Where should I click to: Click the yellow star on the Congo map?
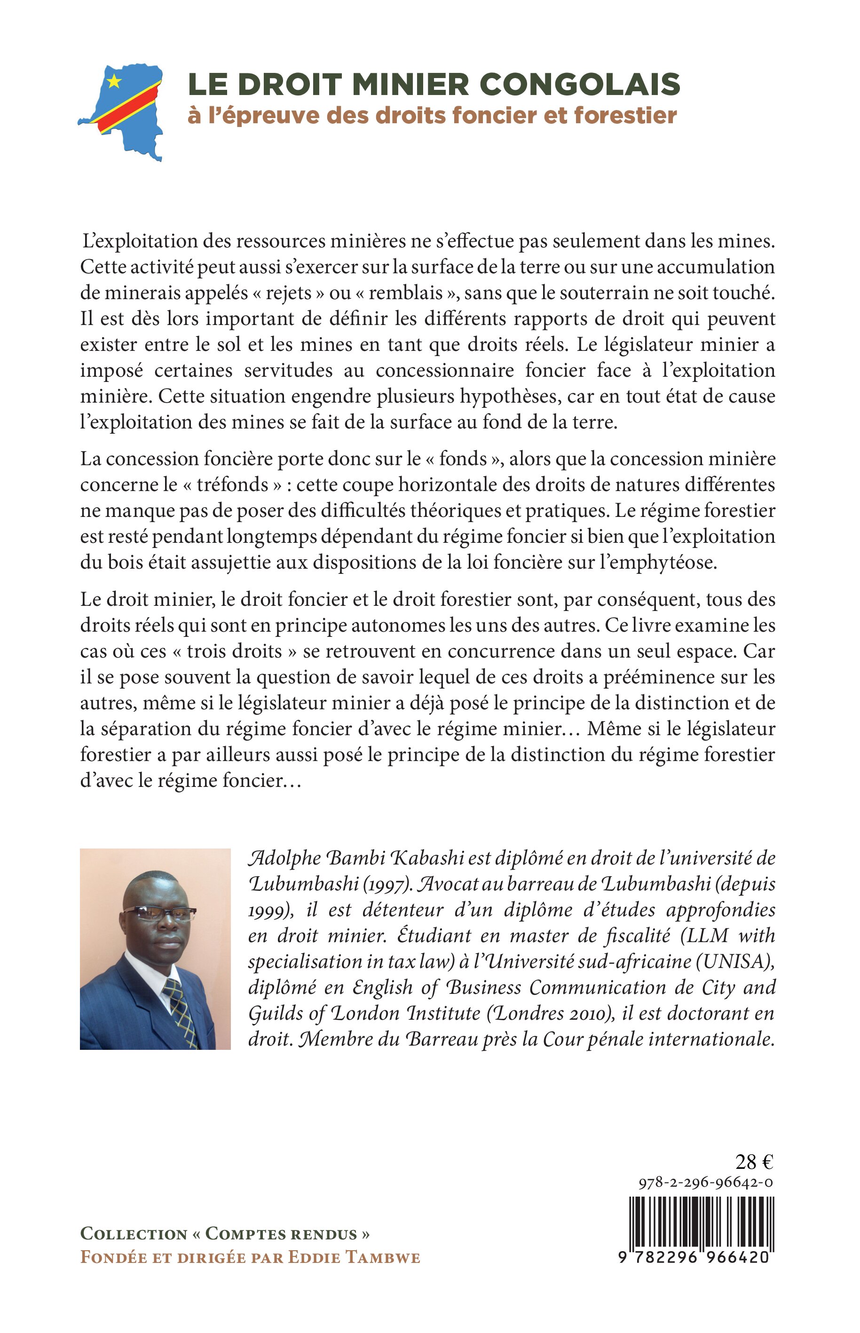tap(114, 81)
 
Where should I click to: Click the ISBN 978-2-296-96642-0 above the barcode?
tap(706, 1182)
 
